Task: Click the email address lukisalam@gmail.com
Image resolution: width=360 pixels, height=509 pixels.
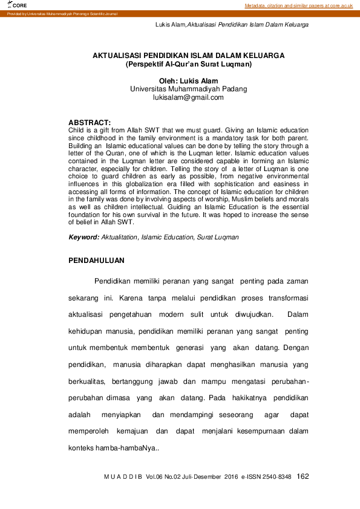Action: point(188,97)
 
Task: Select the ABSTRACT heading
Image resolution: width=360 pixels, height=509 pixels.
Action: point(90,122)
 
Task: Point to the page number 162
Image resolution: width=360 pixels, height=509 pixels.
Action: point(303,476)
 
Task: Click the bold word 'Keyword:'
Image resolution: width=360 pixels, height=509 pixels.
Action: point(83,238)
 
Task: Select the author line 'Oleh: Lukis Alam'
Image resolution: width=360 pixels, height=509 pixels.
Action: point(188,81)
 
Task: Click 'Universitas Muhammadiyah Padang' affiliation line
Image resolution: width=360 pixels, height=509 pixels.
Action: point(189,89)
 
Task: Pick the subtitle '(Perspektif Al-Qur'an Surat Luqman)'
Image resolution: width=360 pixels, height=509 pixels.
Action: point(188,63)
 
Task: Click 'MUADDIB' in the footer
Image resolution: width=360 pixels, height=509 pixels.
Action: point(123,477)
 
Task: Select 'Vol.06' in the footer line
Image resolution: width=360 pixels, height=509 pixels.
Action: point(156,477)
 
